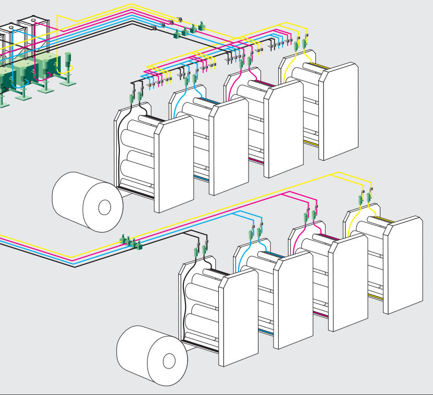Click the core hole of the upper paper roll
(105, 208)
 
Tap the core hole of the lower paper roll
(169, 360)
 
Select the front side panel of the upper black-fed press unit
(174, 163)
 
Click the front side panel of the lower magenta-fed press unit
(348, 281)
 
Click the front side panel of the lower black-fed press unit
(238, 317)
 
